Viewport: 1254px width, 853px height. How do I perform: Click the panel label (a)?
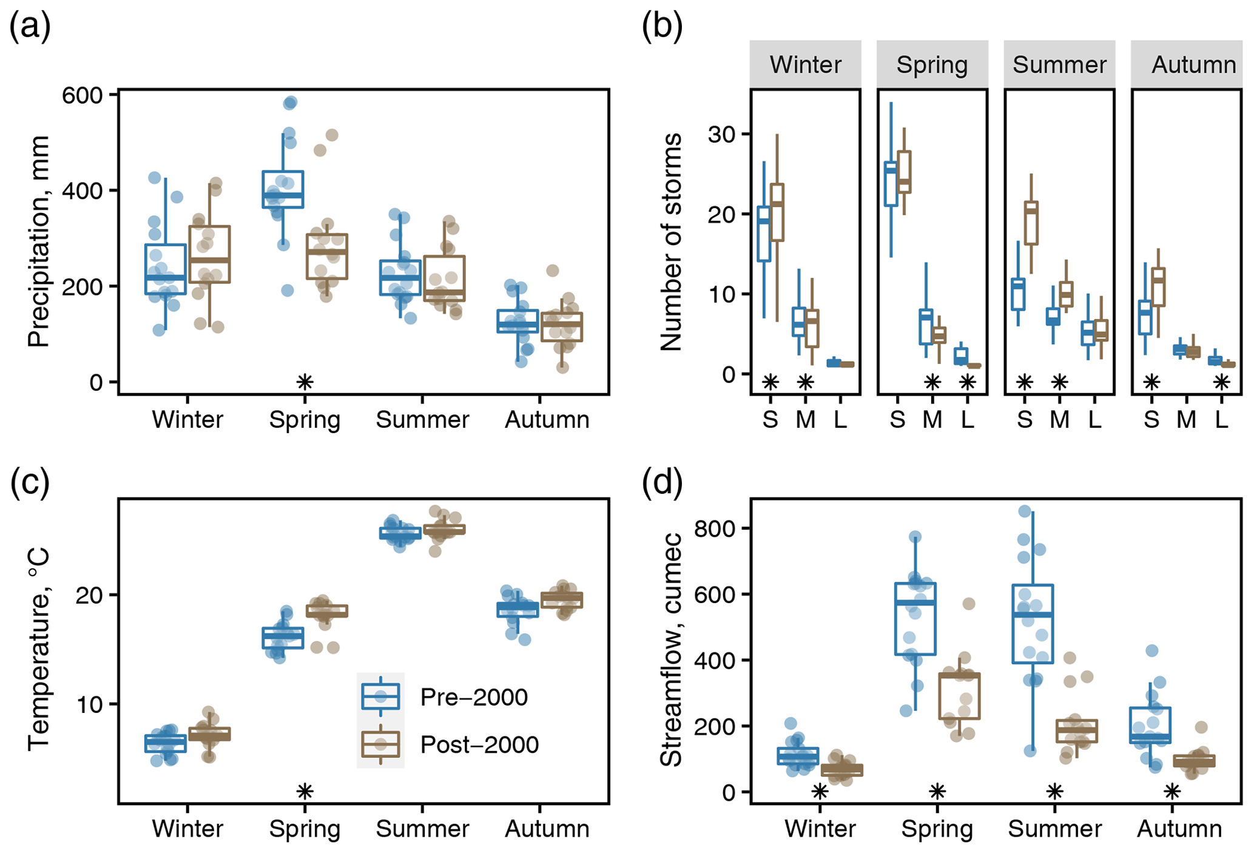(x=29, y=27)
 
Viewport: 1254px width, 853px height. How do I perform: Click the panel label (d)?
(x=662, y=484)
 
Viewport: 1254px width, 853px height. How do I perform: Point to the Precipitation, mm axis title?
(x=38, y=241)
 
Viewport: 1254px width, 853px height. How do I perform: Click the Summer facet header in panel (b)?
(x=1059, y=64)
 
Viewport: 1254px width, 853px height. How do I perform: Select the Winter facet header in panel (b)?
(x=805, y=64)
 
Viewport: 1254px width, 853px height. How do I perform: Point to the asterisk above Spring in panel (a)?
(x=305, y=382)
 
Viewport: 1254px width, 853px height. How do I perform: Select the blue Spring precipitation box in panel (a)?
(x=283, y=189)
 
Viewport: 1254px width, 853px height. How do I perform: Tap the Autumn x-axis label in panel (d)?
(x=1179, y=829)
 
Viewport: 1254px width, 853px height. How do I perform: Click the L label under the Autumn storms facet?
(x=1221, y=419)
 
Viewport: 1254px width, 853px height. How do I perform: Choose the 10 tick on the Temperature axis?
(x=88, y=704)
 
